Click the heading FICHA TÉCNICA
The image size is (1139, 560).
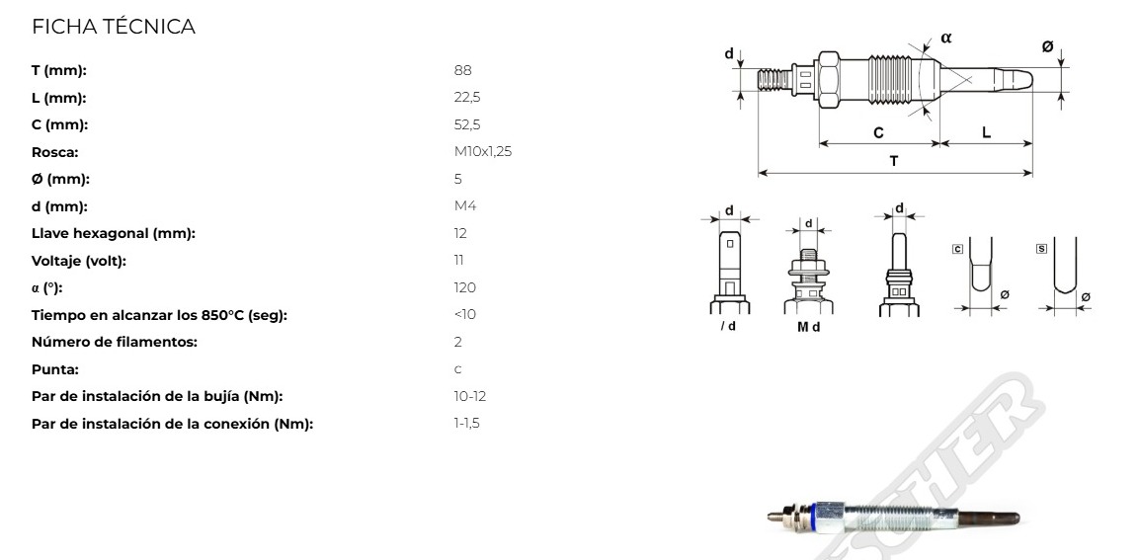114,27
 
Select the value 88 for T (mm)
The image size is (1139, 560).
462,70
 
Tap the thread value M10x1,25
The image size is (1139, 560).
483,152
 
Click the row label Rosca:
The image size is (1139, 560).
54,152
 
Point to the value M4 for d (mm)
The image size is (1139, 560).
465,206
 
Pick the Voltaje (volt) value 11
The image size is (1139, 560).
458,260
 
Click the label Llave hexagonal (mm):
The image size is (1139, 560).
114,234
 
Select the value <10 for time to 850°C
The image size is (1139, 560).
465,314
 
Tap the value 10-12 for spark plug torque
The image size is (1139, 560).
470,397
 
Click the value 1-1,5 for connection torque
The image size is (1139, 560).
467,424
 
